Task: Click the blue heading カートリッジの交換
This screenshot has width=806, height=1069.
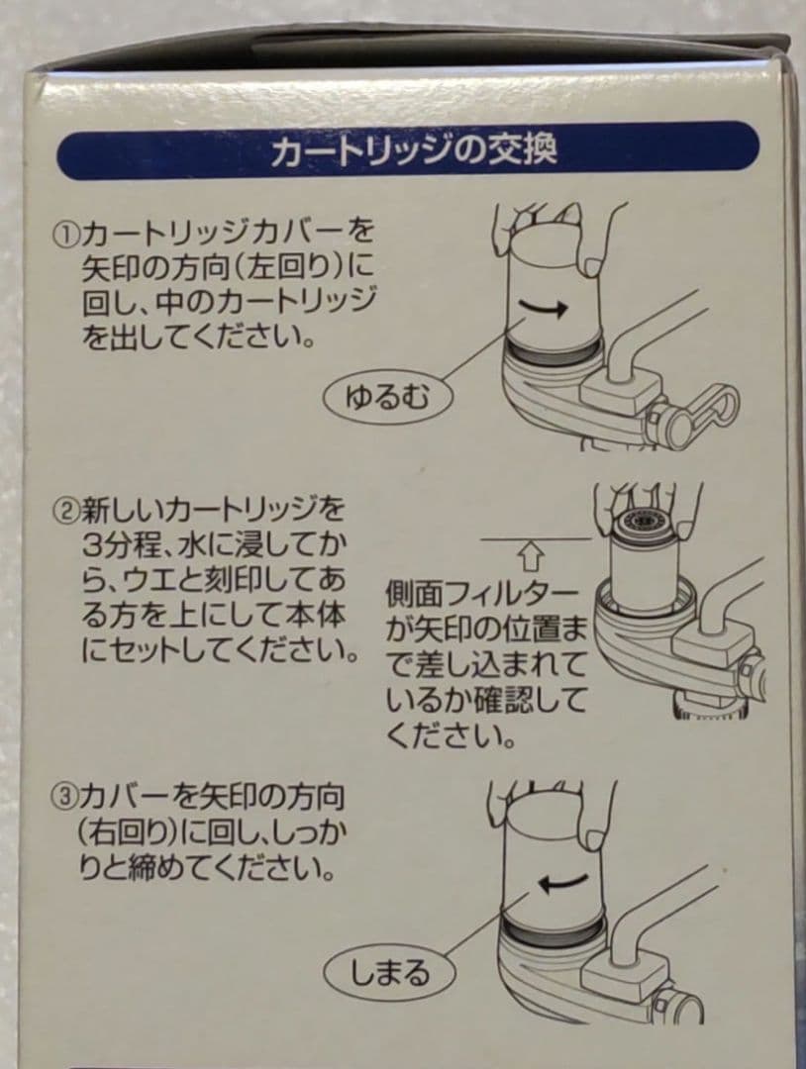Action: pyautogui.click(x=414, y=151)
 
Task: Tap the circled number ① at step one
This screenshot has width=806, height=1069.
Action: pyautogui.click(x=66, y=235)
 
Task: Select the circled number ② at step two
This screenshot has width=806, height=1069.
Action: pyautogui.click(x=66, y=511)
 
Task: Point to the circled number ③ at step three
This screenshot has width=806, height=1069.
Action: pyautogui.click(x=64, y=796)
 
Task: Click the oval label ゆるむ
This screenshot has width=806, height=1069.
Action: pyautogui.click(x=386, y=399)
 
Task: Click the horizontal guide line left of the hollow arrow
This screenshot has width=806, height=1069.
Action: pyautogui.click(x=495, y=538)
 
